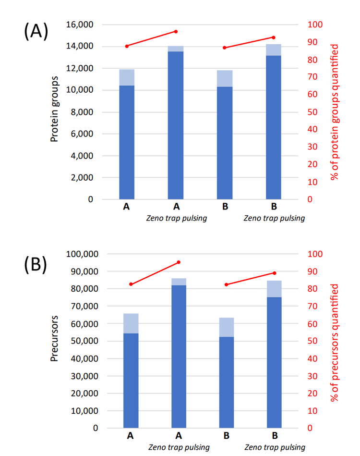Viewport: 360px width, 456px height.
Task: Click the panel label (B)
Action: point(36,265)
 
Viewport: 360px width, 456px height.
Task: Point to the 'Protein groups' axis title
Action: point(55,111)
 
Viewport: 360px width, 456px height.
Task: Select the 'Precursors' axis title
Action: point(55,341)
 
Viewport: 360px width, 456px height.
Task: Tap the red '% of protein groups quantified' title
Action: point(335,111)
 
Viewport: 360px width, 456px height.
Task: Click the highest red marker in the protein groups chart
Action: point(176,32)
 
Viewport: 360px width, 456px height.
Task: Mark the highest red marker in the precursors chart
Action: point(179,262)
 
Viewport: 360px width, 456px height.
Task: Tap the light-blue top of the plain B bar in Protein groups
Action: point(225,78)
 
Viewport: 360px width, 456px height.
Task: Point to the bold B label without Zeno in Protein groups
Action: point(225,208)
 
